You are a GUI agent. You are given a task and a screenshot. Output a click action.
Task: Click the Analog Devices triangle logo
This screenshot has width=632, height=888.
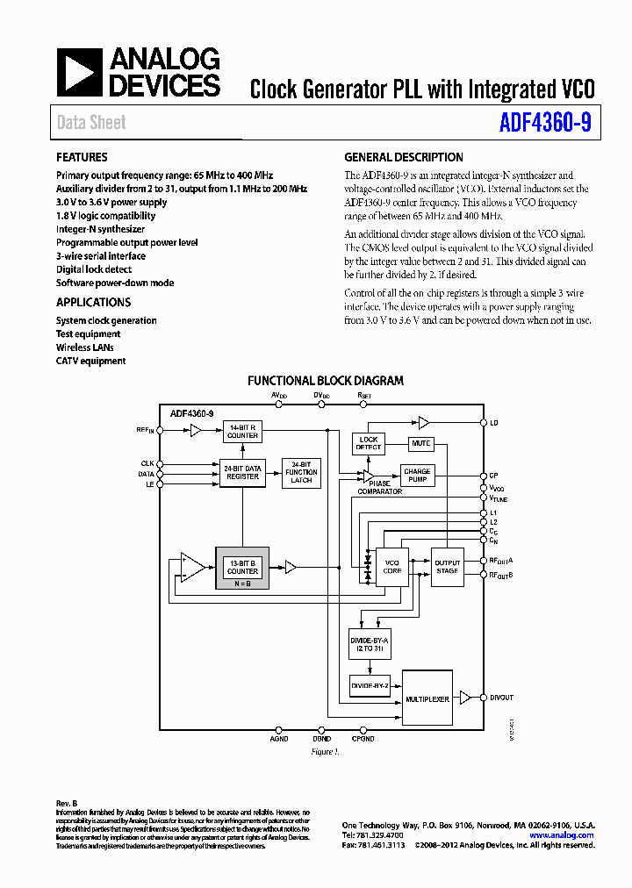80,73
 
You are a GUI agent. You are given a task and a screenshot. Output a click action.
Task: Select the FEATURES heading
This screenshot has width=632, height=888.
83,158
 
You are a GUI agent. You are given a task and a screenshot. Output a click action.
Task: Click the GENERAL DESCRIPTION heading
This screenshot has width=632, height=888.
404,158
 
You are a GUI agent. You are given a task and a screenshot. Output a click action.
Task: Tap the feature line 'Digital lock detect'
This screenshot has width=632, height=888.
94,269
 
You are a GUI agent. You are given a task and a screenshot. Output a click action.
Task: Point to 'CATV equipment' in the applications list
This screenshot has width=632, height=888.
91,361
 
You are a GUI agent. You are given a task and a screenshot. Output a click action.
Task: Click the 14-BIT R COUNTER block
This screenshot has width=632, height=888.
242,431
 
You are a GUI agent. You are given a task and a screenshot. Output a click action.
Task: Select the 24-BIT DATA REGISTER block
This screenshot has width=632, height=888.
242,472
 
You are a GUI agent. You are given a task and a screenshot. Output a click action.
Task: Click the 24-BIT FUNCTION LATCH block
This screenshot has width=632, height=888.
301,472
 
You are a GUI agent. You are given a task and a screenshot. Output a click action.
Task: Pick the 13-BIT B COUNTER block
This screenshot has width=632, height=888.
242,567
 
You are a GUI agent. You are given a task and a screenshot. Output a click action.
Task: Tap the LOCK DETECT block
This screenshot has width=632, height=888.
369,443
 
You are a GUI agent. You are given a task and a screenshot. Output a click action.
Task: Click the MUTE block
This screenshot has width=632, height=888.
421,443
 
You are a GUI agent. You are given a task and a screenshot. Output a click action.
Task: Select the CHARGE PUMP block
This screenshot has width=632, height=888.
417,476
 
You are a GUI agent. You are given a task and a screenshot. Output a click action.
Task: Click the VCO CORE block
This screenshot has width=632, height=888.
392,566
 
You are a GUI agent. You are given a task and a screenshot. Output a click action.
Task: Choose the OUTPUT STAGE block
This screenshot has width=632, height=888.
447,566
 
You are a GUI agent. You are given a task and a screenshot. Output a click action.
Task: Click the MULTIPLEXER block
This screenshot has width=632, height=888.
427,698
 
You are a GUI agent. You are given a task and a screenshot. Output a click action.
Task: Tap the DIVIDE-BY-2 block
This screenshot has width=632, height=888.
370,684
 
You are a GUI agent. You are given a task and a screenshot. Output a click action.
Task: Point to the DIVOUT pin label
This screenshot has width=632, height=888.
502,698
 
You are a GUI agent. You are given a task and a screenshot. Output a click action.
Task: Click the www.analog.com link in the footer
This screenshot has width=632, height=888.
561,835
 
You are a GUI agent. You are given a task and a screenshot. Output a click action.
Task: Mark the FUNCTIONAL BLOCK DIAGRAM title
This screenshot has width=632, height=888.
326,381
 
